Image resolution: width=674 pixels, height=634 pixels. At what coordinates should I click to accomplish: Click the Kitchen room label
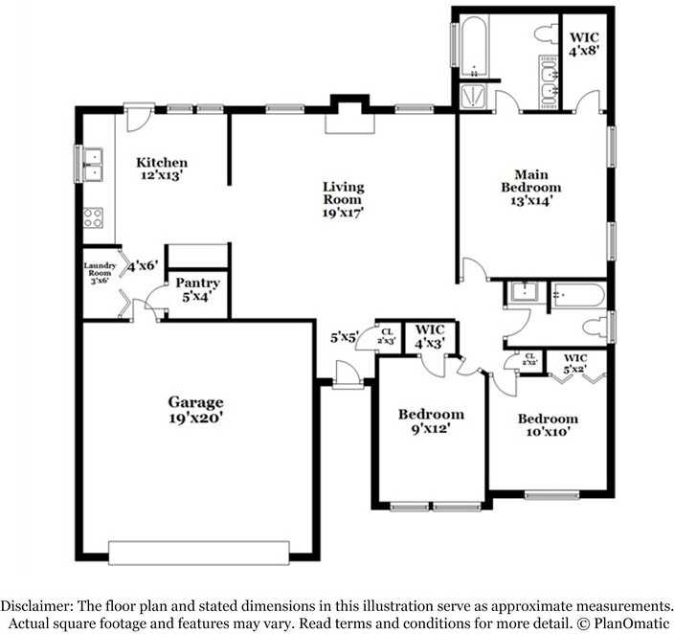pyautogui.click(x=160, y=169)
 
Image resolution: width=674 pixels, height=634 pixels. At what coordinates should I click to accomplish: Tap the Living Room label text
pyautogui.click(x=343, y=200)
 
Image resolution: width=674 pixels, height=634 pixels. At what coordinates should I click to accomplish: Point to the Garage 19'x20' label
pyautogui.click(x=196, y=410)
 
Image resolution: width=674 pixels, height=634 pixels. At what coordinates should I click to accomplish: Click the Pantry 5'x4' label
pyautogui.click(x=197, y=290)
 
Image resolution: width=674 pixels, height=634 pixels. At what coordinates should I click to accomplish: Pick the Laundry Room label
pyautogui.click(x=100, y=273)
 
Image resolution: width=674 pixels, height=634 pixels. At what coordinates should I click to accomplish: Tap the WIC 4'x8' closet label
pyautogui.click(x=584, y=44)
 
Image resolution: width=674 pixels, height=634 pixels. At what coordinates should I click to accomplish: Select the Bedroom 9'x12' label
pyautogui.click(x=431, y=421)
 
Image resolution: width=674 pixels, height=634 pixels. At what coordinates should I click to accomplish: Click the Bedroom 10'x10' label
pyautogui.click(x=548, y=425)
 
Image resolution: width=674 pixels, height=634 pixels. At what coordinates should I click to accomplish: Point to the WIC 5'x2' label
pyautogui.click(x=574, y=362)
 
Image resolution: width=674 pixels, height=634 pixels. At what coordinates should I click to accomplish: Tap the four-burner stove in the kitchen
pyautogui.click(x=94, y=217)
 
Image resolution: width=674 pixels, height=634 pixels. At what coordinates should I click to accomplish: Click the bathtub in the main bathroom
pyautogui.click(x=474, y=46)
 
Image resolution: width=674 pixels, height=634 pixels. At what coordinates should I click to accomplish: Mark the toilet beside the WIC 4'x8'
pyautogui.click(x=544, y=36)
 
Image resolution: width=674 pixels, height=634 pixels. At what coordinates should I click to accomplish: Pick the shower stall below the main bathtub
pyautogui.click(x=474, y=96)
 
